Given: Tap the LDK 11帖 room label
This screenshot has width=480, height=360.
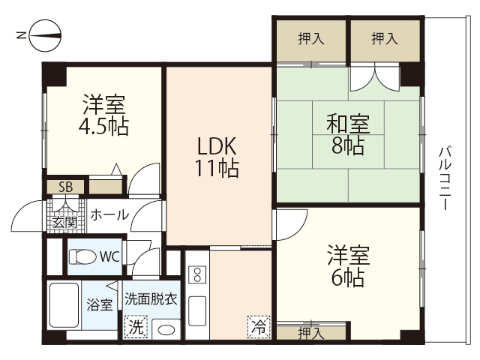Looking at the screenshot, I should click(218, 157).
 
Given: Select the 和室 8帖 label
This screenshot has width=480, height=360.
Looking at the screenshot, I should click(346, 133).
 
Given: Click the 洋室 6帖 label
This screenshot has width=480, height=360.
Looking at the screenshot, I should click(346, 266).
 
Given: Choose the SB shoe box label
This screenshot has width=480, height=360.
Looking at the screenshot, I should click(65, 187).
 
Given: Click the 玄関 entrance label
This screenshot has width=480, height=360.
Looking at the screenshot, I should click(64, 221).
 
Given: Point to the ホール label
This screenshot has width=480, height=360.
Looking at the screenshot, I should click(109, 215).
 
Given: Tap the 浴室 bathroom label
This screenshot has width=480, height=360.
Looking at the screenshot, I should click(99, 304).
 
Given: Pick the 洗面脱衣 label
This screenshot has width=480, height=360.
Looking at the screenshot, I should click(151, 298).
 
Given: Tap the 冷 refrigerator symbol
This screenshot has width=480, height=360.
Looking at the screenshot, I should click(258, 328).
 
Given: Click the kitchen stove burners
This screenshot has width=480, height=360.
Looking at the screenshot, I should click(197, 273).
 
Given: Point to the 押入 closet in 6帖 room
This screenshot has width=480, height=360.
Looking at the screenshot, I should click(307, 331).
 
